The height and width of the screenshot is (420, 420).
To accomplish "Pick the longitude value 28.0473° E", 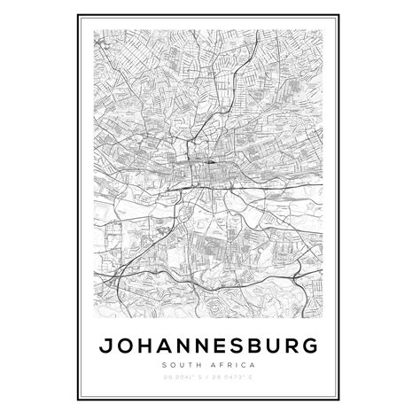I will click(x=235, y=378).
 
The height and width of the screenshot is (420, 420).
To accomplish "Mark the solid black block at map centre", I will click(x=213, y=162).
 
